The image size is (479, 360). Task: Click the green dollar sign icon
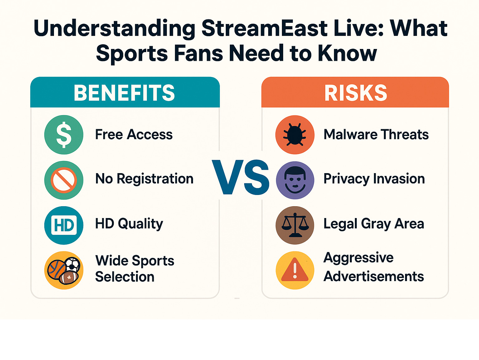pos(64,135)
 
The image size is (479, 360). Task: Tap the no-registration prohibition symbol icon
pos(64,180)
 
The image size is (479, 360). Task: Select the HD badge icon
pos(64,225)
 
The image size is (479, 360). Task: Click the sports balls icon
pos(64,270)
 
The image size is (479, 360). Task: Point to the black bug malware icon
pos(295,135)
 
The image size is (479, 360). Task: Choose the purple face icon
pos(295,180)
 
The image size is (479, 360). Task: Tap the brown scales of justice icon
pos(295,225)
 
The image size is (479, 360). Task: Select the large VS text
pos(240,177)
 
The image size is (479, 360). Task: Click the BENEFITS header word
pos(124,93)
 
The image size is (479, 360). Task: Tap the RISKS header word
pos(356,93)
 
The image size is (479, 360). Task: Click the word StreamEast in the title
pos(264,28)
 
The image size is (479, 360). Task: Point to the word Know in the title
pos(347,53)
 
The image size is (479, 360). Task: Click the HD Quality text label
pos(129,224)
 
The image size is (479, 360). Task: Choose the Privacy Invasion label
pos(374,179)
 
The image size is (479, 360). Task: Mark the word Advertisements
pos(374,276)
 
